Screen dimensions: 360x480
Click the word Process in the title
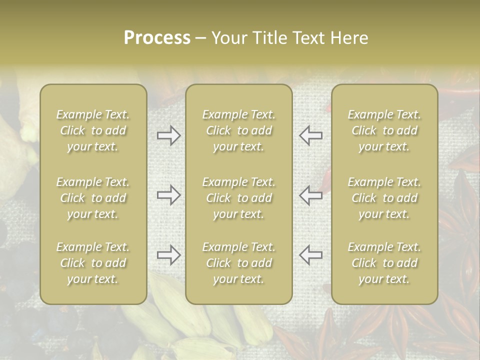(157, 37)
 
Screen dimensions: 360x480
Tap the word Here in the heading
(350, 37)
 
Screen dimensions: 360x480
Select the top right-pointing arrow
(169, 135)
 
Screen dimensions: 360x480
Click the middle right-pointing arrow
(169, 195)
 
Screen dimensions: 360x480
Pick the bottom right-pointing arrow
(169, 255)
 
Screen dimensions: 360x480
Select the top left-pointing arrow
(310, 135)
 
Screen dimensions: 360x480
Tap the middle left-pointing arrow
(310, 195)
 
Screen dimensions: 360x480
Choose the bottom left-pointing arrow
(310, 255)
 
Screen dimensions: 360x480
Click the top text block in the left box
(93, 130)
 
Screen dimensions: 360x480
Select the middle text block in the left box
(93, 198)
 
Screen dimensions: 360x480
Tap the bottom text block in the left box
(93, 263)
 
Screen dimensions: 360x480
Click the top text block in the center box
(239, 130)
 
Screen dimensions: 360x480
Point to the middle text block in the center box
(239, 198)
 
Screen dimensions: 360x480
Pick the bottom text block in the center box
(239, 263)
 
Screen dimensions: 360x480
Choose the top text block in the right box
(384, 130)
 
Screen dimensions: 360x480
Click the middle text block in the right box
(384, 198)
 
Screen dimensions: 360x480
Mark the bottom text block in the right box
(384, 263)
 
